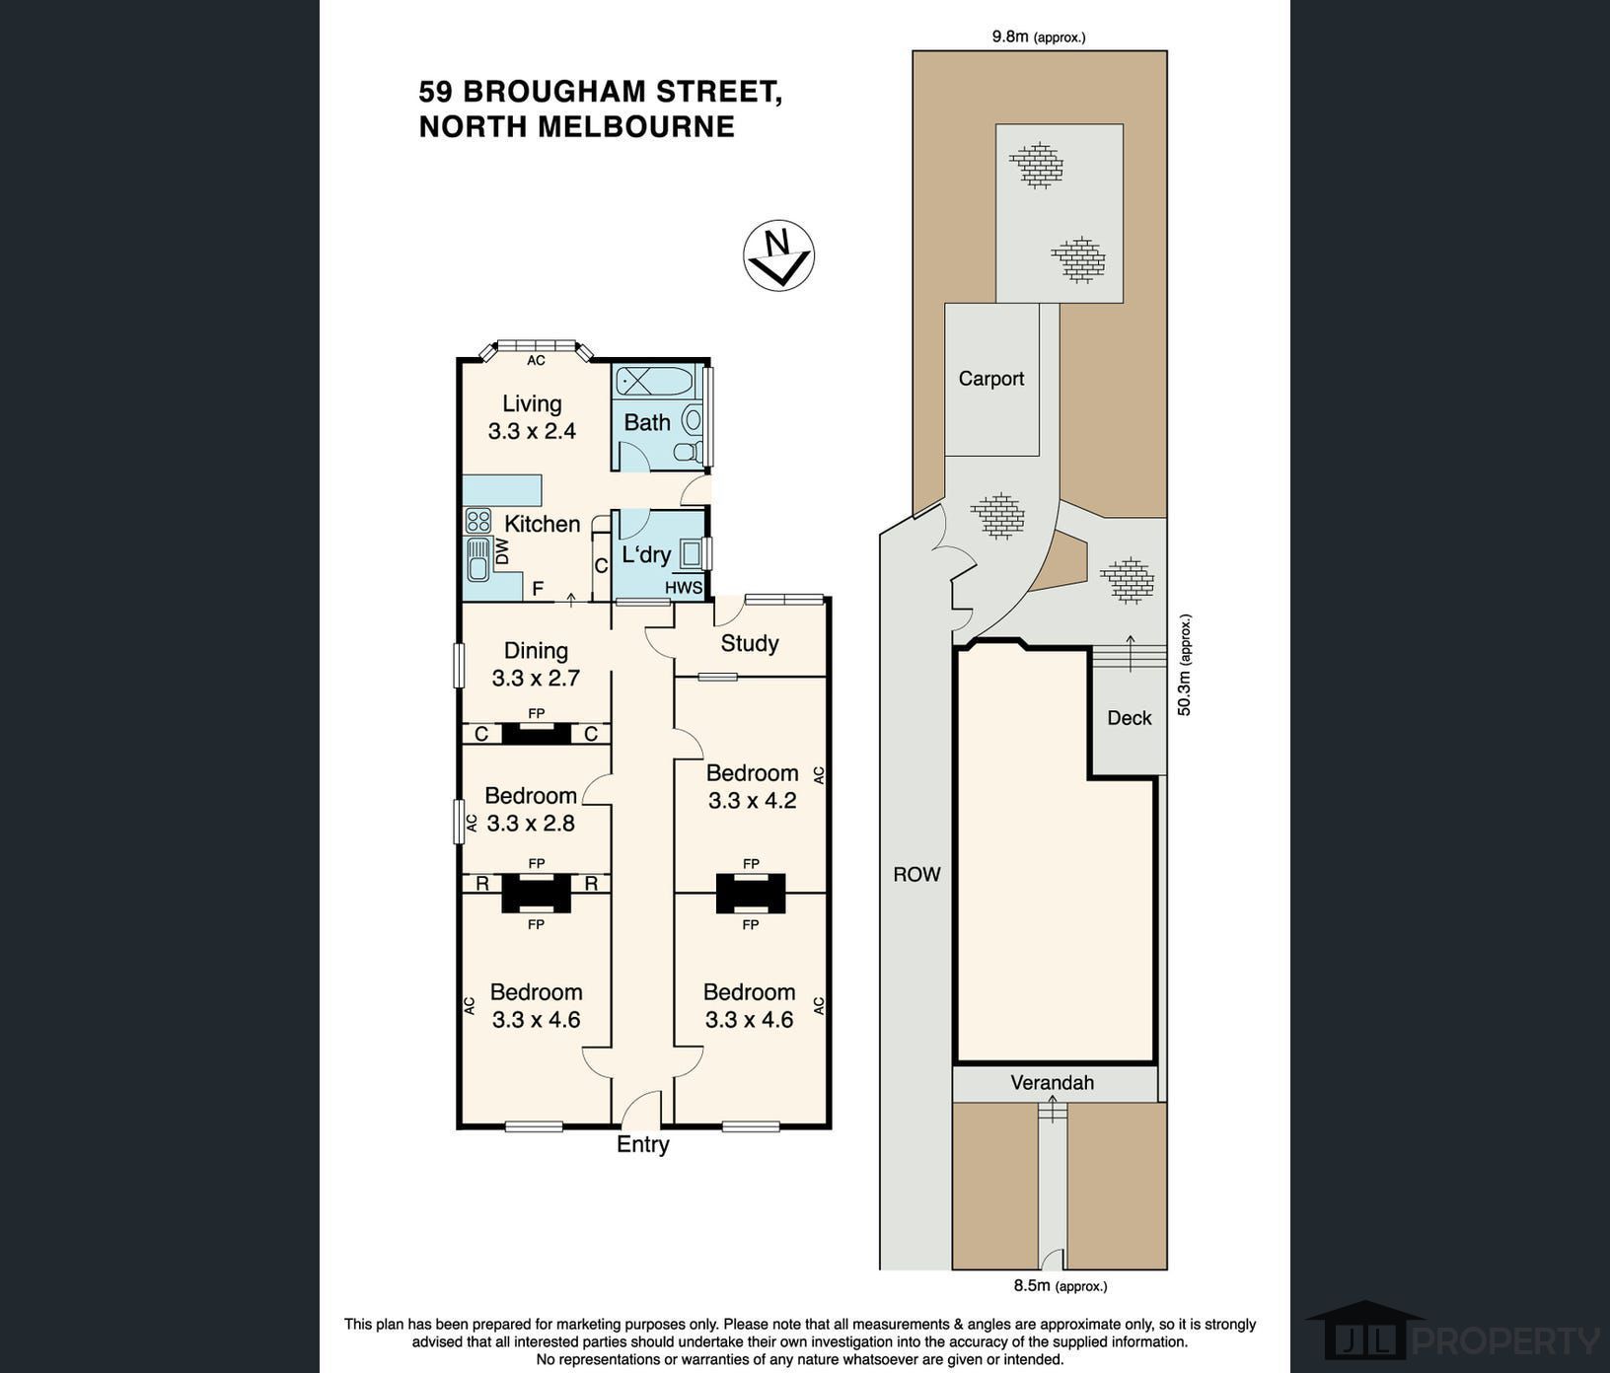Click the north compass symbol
778,255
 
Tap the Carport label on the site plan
991,379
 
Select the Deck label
1130,718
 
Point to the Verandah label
1053,1083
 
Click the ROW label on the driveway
917,874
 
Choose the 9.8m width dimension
1039,37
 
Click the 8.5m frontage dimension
1061,1286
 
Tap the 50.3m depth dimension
1186,665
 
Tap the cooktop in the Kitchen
478,520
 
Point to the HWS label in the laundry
684,588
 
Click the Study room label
750,644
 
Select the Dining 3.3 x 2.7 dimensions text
536,679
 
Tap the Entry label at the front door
643,1144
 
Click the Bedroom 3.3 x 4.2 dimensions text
752,801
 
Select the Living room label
532,404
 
